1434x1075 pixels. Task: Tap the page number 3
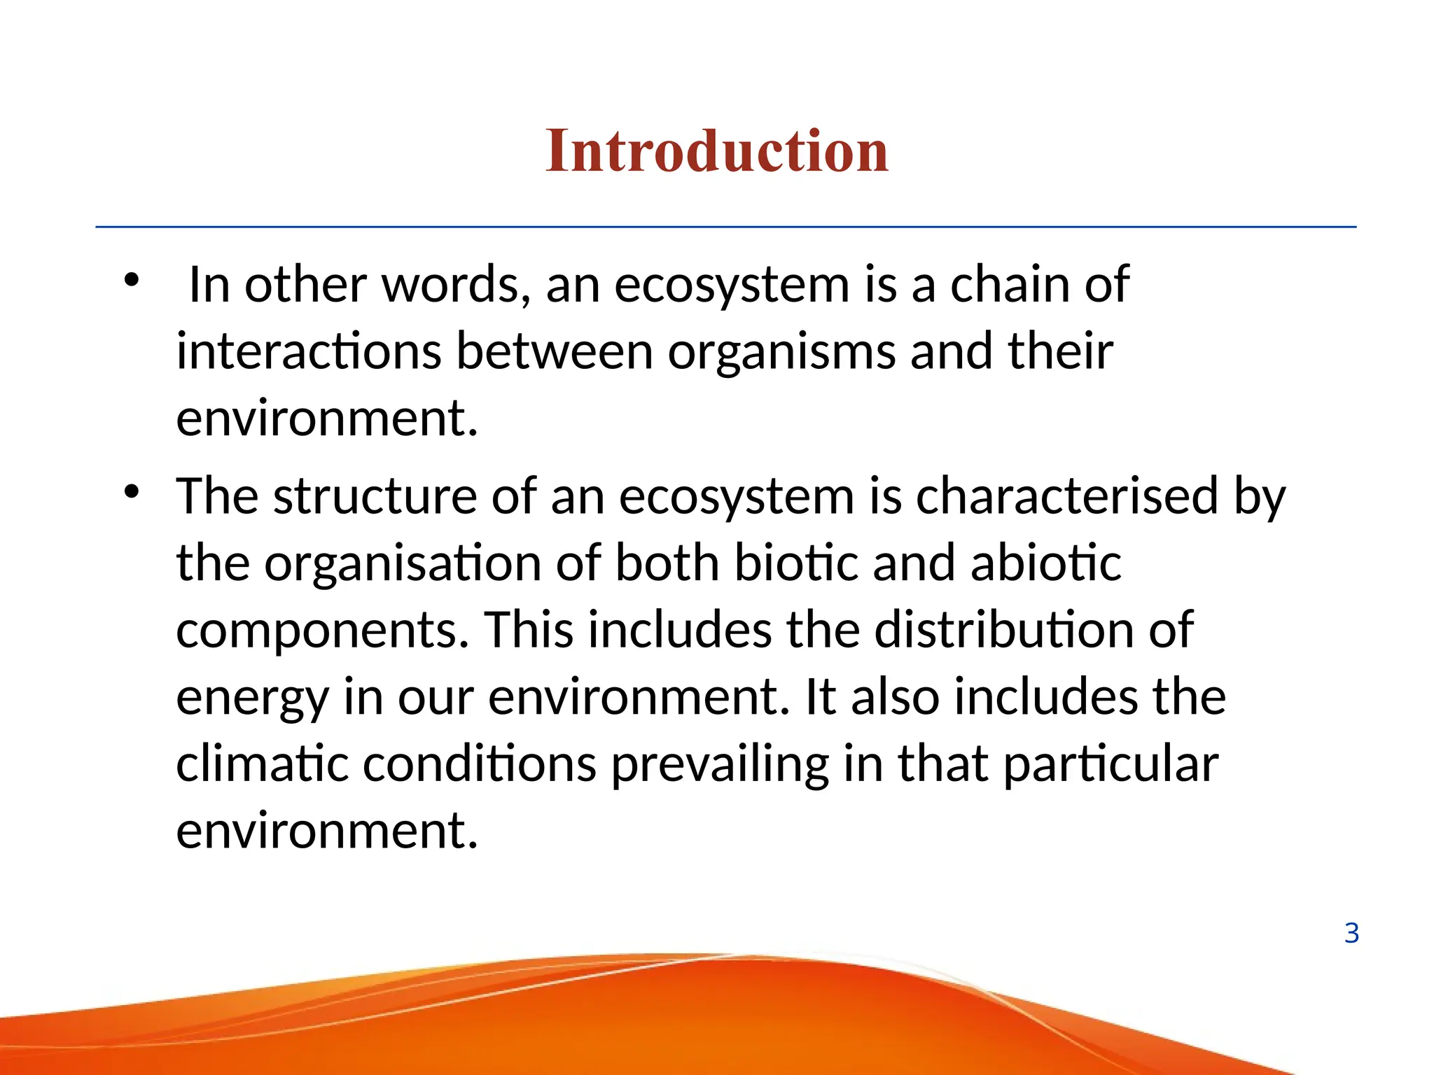(1351, 934)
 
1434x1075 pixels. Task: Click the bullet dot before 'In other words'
(132, 281)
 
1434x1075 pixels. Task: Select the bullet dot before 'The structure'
(132, 492)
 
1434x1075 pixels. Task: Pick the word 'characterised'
(1067, 496)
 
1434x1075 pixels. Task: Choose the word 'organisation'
(403, 563)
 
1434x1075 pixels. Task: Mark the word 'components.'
(323, 631)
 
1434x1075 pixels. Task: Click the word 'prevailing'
(721, 765)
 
